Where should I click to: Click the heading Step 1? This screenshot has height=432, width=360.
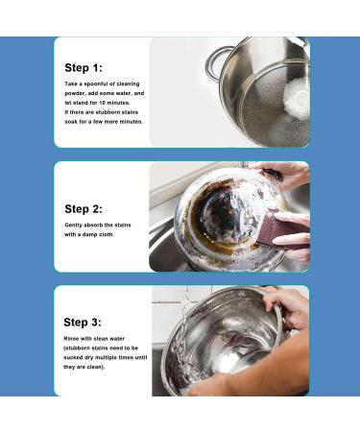pos(83,68)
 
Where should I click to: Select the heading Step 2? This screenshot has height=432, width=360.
pos(84,208)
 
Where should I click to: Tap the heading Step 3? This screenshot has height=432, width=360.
pos(83,322)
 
